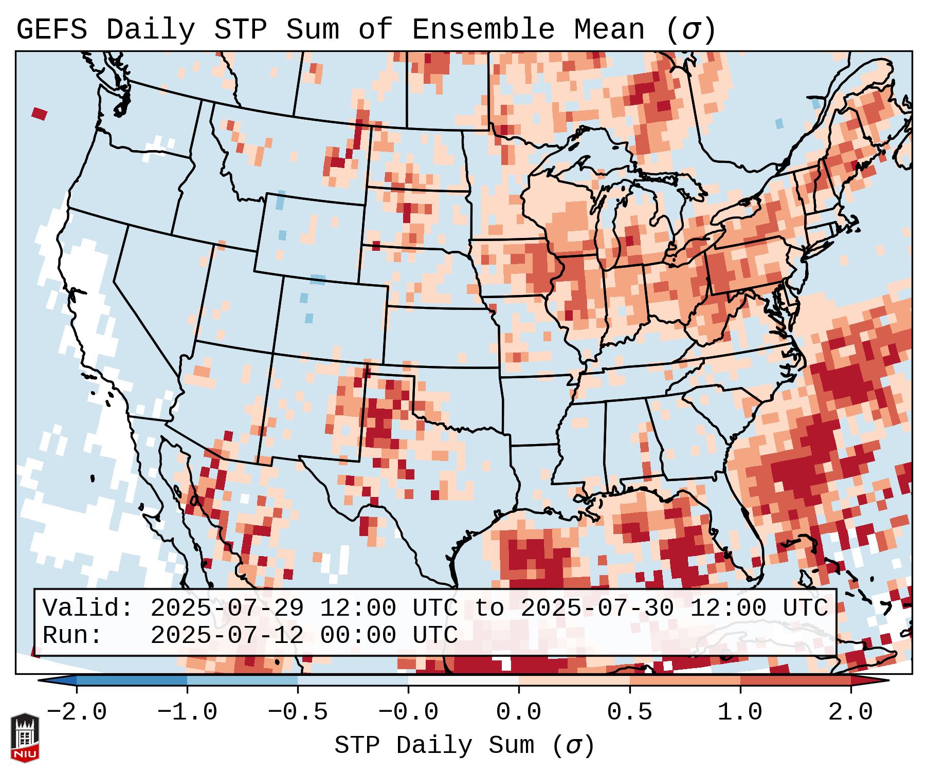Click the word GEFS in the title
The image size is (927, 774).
pos(51,30)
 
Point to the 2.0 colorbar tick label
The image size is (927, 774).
pos(850,712)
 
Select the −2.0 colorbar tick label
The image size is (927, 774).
pos(77,712)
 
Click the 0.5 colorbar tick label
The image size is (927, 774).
pos(629,712)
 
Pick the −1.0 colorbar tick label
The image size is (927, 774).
pos(187,712)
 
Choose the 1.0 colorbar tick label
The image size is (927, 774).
pos(740,712)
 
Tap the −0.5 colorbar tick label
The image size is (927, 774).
pos(298,712)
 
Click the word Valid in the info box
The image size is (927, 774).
pos(87,608)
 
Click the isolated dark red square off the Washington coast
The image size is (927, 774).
pos(40,114)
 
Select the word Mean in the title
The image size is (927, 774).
pos(609,30)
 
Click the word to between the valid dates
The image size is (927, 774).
pos(489,608)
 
